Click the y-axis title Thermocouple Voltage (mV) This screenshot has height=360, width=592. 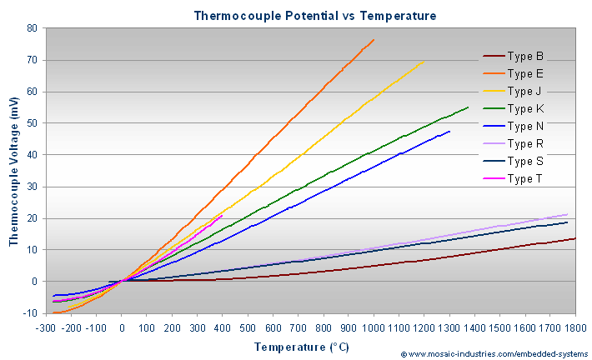point(14,171)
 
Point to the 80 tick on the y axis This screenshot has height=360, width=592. point(32,28)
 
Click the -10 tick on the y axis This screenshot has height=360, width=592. point(30,313)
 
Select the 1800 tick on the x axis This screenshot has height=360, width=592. point(574,327)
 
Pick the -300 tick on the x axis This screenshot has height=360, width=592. point(47,327)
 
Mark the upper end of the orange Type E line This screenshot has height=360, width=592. point(374,39)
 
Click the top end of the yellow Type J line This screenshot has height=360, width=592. point(424,61)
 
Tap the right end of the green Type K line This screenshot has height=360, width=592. point(468,107)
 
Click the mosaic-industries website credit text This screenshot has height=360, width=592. point(493,354)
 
